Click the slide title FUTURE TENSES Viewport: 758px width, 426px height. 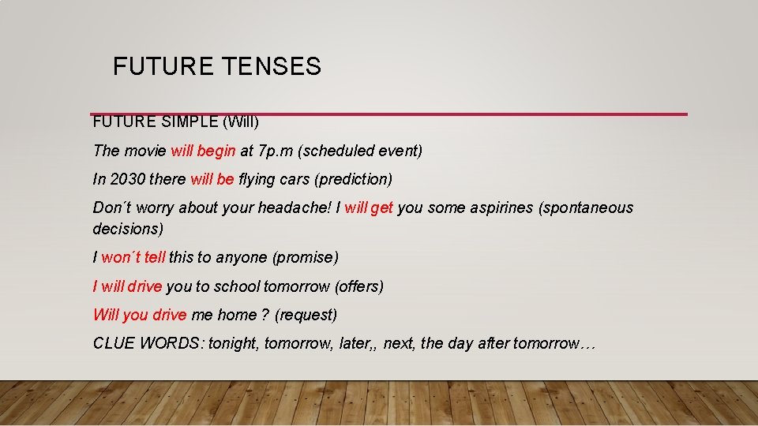(217, 67)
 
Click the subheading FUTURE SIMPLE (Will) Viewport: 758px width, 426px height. (175, 123)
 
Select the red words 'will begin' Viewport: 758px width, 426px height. (203, 151)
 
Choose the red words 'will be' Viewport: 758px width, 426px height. (212, 179)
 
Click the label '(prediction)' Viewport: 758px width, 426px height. (353, 179)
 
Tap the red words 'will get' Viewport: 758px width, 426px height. (369, 207)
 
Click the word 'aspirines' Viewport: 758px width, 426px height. (495, 207)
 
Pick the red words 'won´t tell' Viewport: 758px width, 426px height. (133, 257)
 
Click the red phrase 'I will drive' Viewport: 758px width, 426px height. (127, 286)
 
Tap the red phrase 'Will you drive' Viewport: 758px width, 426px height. (140, 315)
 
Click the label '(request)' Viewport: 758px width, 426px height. (306, 315)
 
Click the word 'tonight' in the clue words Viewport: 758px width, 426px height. (234, 343)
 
